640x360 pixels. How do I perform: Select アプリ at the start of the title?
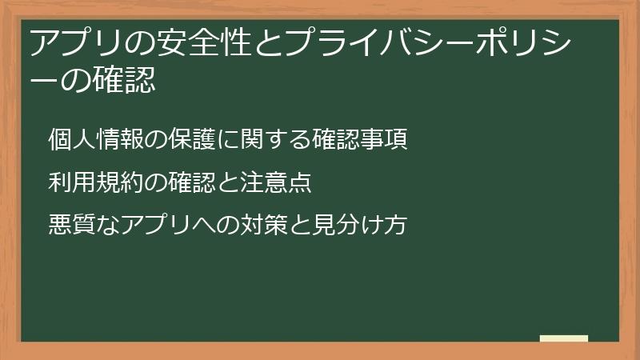tap(76, 43)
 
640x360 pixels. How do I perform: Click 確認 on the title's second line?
tap(124, 79)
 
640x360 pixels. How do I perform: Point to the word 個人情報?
tap(96, 139)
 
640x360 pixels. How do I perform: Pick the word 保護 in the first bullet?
tap(192, 139)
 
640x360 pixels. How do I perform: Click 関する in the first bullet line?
tap(275, 139)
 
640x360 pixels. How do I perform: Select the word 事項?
tap(384, 139)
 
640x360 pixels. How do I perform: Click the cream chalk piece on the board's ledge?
tap(564, 338)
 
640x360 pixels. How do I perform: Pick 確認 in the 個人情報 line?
tap(336, 139)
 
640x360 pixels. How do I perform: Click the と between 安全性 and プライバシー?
tap(268, 43)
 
